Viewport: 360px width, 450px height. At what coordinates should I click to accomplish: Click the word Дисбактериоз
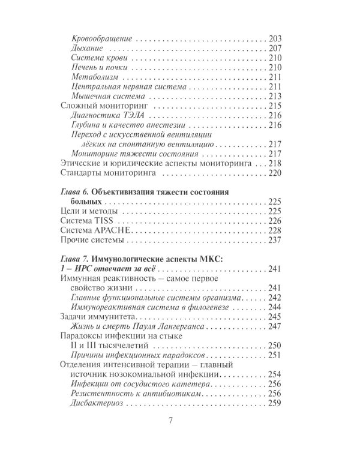tap(99, 404)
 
